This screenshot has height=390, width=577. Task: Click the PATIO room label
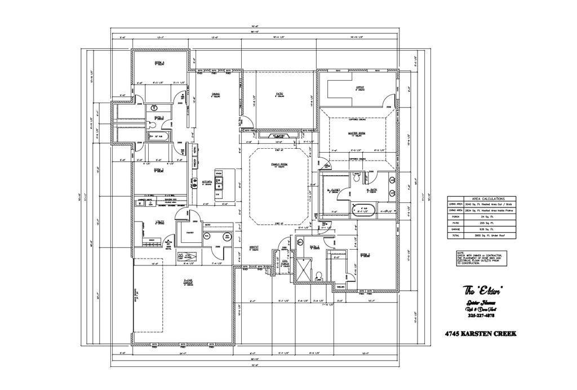point(279,94)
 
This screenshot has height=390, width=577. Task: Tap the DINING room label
point(215,94)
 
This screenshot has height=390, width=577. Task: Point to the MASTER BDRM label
point(358,133)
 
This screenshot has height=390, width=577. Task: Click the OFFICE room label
point(360,87)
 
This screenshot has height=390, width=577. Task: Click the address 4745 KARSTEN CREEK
point(480,334)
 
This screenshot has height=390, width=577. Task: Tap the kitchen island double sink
point(223,181)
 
